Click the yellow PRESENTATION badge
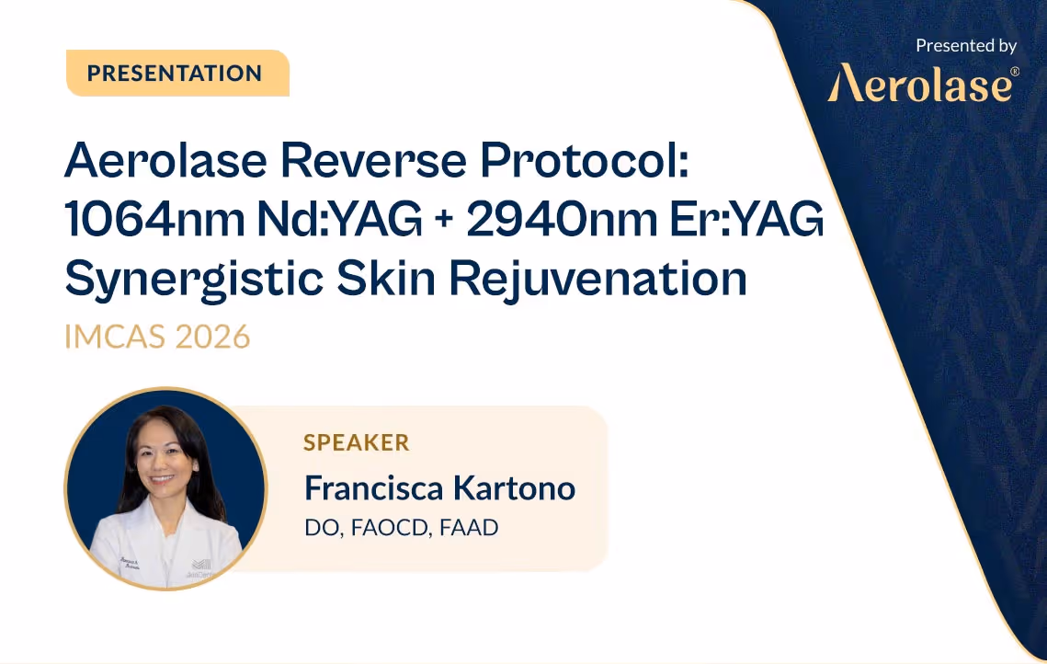coord(176,74)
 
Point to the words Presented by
coord(966,45)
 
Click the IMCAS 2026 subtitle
coord(157,337)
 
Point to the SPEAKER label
coord(357,442)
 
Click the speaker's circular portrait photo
coord(165,488)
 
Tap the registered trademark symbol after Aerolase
coord(1015,72)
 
